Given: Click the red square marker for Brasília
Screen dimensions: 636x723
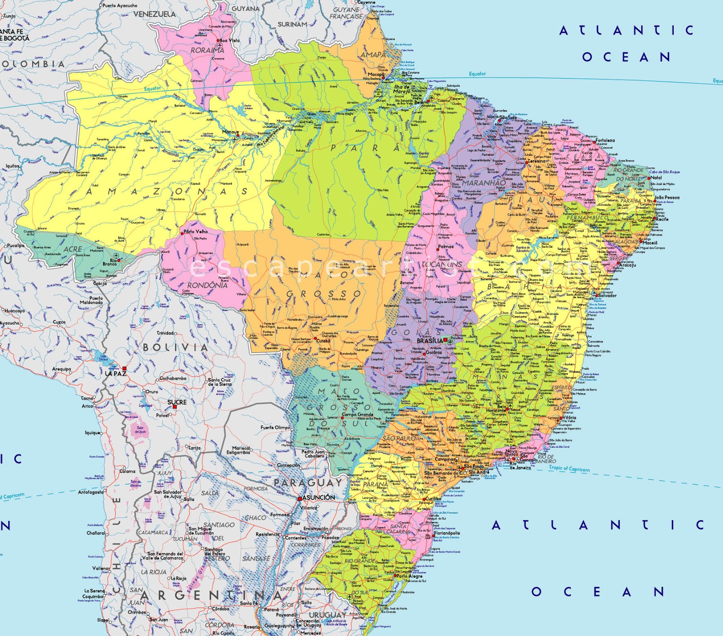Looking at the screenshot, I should click(445, 340).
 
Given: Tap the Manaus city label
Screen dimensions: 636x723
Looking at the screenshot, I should click(230, 132).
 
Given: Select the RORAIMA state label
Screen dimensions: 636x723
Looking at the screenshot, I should click(207, 51).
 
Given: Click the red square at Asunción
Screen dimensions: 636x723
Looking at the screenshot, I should click(300, 499).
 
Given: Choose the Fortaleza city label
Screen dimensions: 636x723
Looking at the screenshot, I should click(605, 140).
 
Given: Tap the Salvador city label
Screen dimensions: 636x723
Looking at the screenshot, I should click(607, 296).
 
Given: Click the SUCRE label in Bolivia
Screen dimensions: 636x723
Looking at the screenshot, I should click(177, 402).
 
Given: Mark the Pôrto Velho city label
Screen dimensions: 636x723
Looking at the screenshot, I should click(196, 232).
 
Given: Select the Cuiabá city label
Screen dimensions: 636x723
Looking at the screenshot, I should click(323, 341).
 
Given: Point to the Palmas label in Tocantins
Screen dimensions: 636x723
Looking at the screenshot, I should click(446, 247).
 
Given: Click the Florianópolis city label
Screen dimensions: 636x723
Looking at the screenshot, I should click(447, 533).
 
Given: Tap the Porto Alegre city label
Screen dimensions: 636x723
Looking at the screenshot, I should click(409, 576).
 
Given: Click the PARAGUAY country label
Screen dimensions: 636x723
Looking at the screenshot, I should click(308, 483).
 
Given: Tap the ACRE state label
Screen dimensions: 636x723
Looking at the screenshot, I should click(72, 249).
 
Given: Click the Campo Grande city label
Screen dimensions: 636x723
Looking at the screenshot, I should click(357, 414).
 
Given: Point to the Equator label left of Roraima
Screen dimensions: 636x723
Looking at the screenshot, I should click(152, 88).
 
